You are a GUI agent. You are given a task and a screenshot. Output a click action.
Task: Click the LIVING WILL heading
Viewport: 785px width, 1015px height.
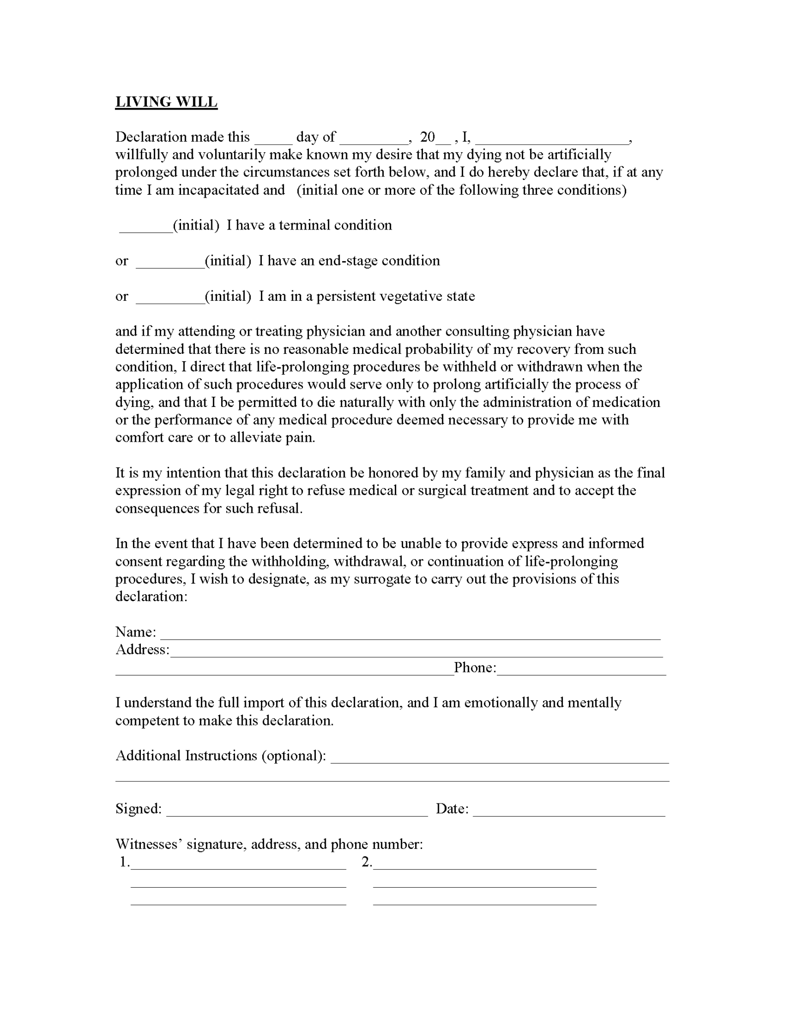pyautogui.click(x=166, y=102)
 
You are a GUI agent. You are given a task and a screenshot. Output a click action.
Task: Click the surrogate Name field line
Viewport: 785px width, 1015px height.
pyautogui.click(x=410, y=635)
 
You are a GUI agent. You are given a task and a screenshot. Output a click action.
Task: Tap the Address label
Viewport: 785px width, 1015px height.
pyautogui.click(x=142, y=650)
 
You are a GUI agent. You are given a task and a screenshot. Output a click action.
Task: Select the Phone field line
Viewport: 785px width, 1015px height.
pyautogui.click(x=581, y=671)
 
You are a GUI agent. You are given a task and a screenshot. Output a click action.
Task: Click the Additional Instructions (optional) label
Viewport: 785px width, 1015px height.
pyautogui.click(x=221, y=756)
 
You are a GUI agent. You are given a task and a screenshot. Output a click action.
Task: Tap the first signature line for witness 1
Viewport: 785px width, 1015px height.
pyautogui.click(x=238, y=865)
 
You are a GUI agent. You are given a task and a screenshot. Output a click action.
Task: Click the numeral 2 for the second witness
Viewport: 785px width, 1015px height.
pyautogui.click(x=366, y=862)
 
